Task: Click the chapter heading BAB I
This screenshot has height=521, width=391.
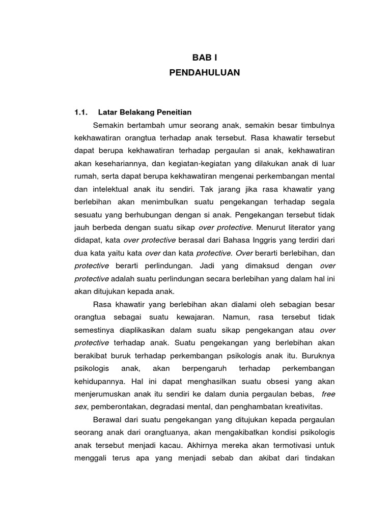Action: [x=204, y=59]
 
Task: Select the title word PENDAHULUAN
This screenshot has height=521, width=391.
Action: [x=204, y=73]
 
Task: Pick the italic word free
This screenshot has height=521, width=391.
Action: [x=328, y=393]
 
